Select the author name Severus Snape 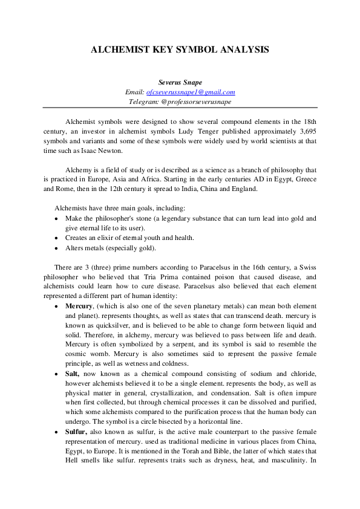coord(180,82)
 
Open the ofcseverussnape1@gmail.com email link coord(191,92)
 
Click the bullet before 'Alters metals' coord(57,248)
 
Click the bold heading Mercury coord(79,306)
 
